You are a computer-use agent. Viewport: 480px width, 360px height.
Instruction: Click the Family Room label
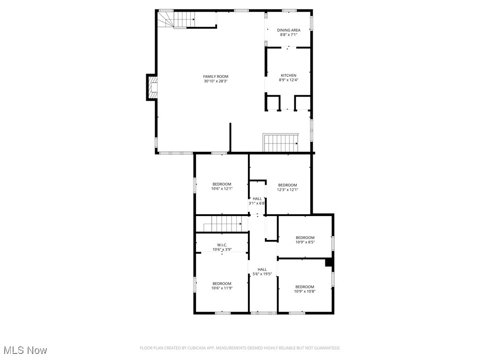pyautogui.click(x=216, y=76)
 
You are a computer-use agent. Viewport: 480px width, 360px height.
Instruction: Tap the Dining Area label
pyautogui.click(x=288, y=30)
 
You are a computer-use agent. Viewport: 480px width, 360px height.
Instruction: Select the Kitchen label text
pyautogui.click(x=288, y=75)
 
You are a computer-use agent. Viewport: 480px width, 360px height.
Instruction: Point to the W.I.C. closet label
pyautogui.click(x=222, y=245)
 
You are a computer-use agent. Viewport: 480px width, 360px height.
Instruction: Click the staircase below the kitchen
pyautogui.click(x=280, y=142)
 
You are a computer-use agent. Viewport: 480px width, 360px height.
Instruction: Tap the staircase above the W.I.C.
pyautogui.click(x=222, y=224)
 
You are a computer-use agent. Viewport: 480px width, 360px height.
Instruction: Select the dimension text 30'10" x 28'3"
pyautogui.click(x=216, y=81)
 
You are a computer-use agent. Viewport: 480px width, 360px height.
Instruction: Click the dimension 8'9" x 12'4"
pyautogui.click(x=288, y=80)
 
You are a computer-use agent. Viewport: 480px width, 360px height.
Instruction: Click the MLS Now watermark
pyautogui.click(x=25, y=350)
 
